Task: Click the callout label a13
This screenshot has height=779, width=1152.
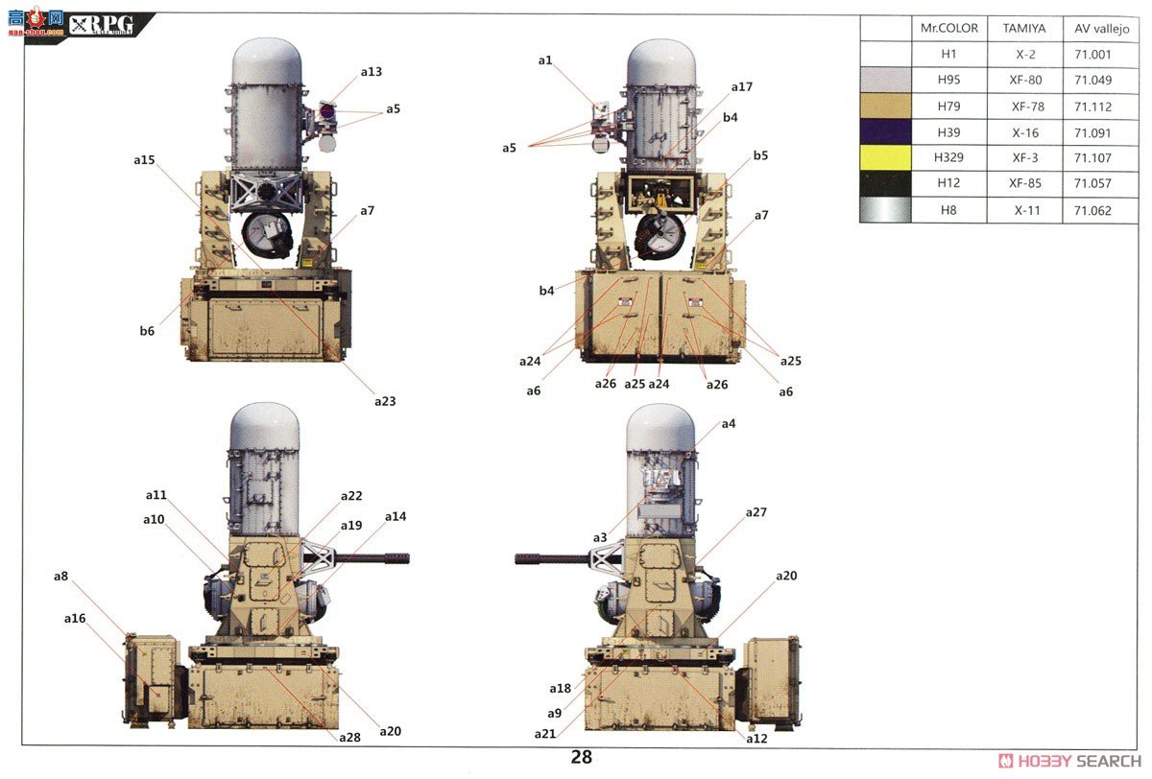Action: click(x=372, y=72)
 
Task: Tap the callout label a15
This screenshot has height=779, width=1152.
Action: click(x=144, y=160)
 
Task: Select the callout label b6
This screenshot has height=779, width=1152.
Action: click(x=147, y=331)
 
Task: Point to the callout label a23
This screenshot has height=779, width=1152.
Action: click(x=385, y=401)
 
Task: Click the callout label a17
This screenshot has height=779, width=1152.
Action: click(x=741, y=87)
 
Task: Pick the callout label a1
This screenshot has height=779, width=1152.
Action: click(x=545, y=60)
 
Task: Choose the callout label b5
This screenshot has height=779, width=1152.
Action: click(x=760, y=155)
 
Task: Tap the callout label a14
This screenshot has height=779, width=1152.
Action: click(x=396, y=516)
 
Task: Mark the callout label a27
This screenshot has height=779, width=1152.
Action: click(x=756, y=513)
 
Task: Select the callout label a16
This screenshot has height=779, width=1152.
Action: click(x=75, y=619)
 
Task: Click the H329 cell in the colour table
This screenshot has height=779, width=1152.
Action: click(x=948, y=158)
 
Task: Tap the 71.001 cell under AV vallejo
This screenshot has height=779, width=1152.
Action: click(x=1092, y=55)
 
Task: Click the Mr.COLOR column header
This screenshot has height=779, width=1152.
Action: click(x=948, y=29)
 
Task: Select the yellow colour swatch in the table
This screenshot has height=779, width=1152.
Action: click(x=885, y=158)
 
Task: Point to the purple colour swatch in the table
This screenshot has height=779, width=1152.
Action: click(x=885, y=132)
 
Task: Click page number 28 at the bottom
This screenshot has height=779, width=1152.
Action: click(x=581, y=757)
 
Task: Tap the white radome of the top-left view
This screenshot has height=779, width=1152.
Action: click(x=269, y=62)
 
